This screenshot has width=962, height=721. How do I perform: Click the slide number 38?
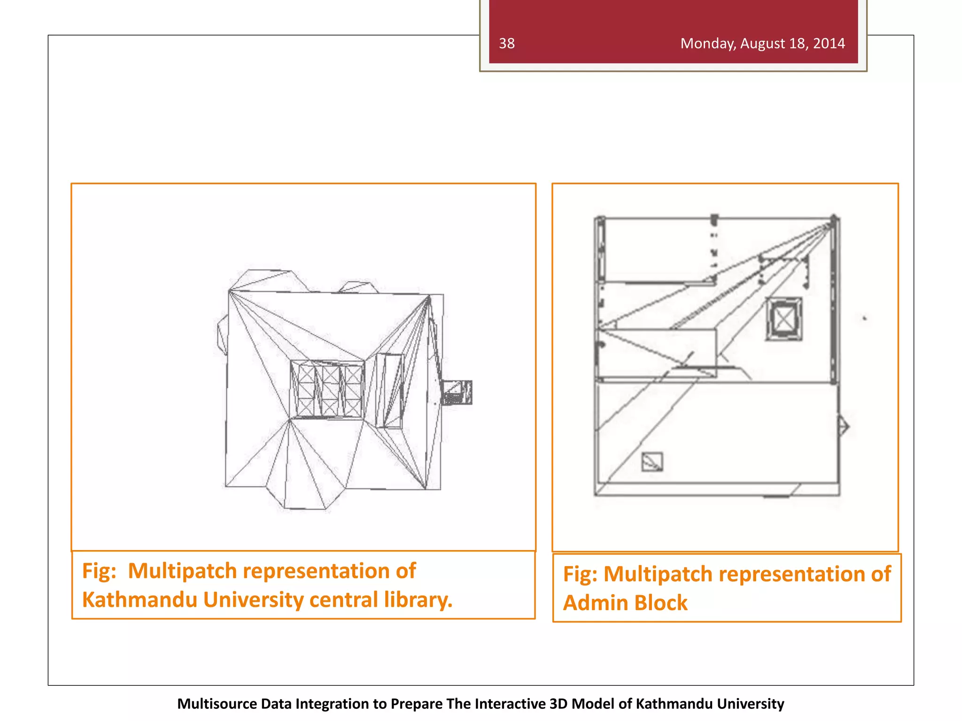click(x=506, y=44)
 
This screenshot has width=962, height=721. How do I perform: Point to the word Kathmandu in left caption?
click(x=139, y=600)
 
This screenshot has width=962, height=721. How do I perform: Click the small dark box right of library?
click(x=457, y=392)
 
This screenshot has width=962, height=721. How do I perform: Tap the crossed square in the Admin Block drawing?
click(x=783, y=319)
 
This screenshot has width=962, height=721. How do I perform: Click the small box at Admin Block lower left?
click(x=652, y=461)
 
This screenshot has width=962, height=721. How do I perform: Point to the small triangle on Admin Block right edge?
click(x=844, y=427)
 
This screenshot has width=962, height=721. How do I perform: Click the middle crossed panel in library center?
click(x=330, y=390)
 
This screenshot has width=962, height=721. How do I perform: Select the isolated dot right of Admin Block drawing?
click(x=864, y=318)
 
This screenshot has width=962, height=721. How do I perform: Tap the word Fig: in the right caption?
click(x=580, y=574)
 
